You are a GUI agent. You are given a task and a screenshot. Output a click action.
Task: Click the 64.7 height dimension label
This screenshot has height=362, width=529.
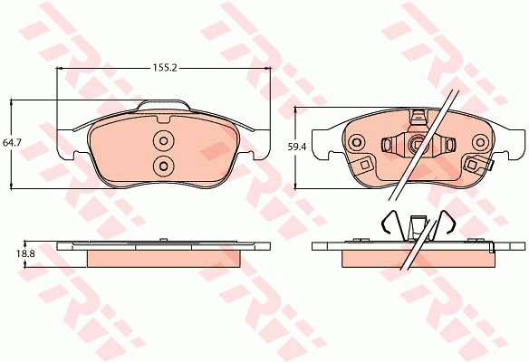tap(12, 143)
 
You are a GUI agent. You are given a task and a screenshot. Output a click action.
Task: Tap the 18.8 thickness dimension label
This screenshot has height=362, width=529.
tap(25, 253)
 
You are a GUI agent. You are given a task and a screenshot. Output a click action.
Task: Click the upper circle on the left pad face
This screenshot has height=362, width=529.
tap(164, 140)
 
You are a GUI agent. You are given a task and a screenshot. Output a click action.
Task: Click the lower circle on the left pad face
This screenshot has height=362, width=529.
tap(164, 166)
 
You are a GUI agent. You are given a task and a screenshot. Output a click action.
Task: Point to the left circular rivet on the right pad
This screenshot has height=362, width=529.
tap(357, 143)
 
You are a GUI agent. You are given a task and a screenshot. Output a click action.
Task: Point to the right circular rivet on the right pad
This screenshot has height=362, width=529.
tap(480, 143)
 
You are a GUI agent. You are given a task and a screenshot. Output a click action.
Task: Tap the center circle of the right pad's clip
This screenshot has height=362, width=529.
tap(418, 144)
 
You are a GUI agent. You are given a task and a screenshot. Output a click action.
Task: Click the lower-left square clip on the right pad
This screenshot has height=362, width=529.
tap(364, 165)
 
